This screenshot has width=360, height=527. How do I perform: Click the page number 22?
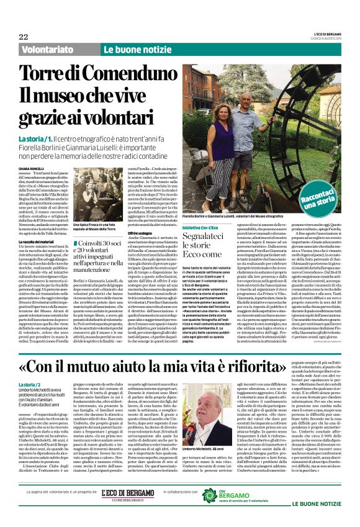(23, 37)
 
